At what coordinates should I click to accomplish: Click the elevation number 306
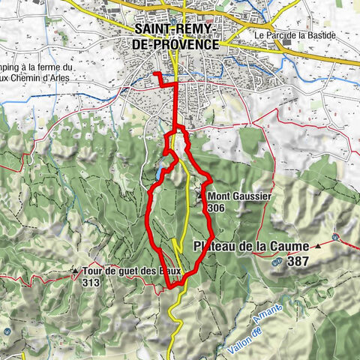[217, 208]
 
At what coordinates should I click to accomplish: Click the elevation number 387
[298, 262]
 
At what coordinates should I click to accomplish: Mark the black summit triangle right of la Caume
[319, 245]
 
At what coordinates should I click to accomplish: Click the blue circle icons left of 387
[277, 262]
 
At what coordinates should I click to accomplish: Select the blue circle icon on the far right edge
[336, 237]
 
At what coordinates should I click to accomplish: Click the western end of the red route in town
[154, 73]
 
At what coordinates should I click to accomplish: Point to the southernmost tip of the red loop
[171, 286]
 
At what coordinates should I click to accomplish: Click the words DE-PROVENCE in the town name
[175, 44]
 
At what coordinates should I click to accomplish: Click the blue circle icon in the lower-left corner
[7, 331]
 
